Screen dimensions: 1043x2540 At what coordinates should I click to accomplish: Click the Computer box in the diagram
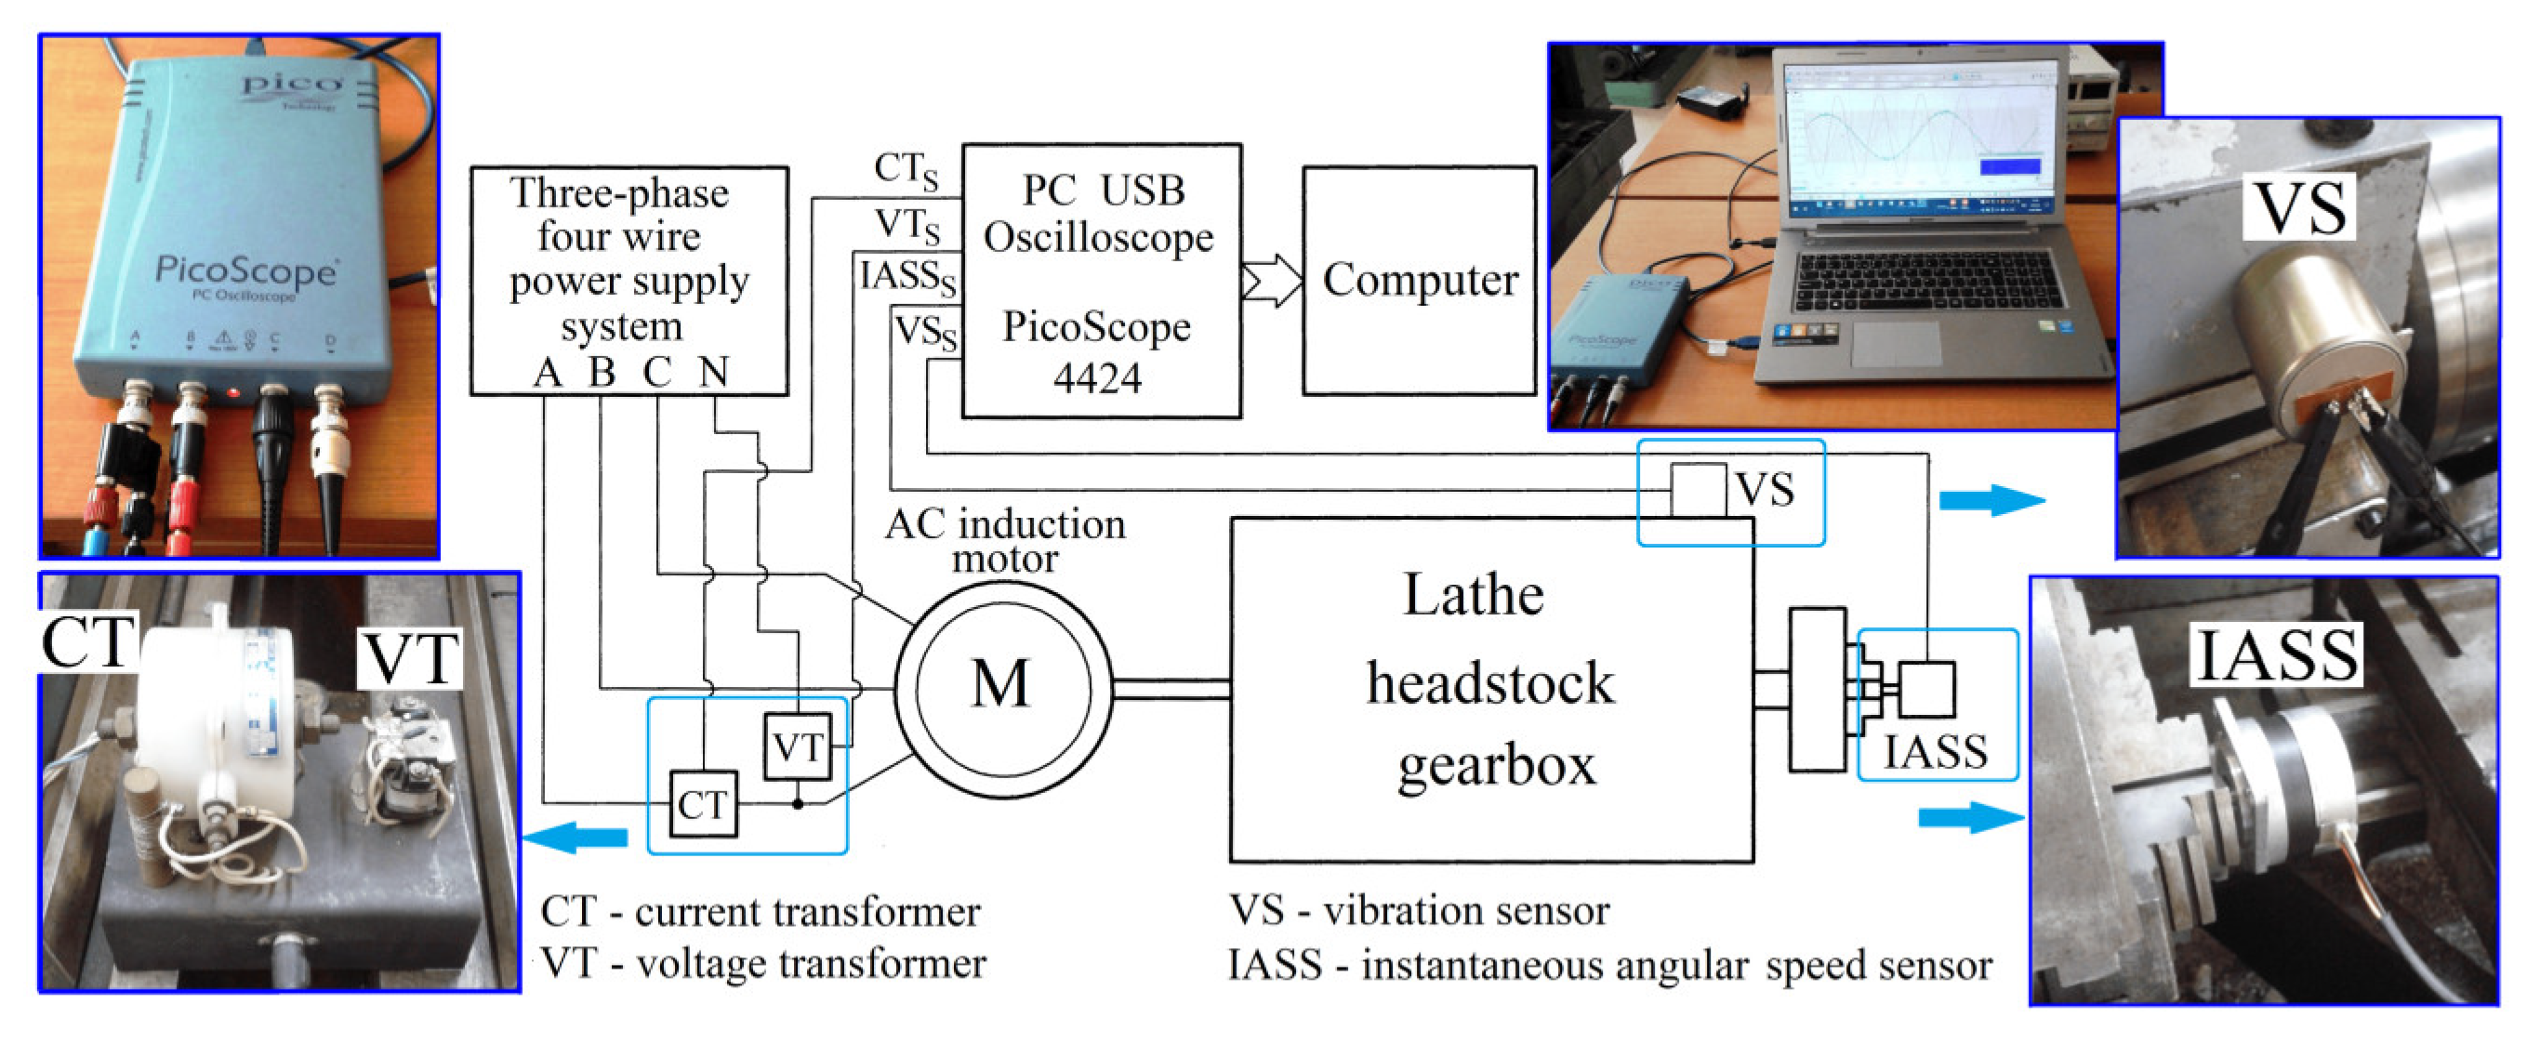tap(1419, 281)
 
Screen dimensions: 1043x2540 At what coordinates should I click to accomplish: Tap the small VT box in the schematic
tap(797, 747)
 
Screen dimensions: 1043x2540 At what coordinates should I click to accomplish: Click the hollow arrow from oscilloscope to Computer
tap(1272, 282)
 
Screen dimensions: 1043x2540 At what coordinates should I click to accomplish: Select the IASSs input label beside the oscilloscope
tap(907, 277)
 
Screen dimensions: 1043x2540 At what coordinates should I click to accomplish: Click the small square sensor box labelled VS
tap(1697, 490)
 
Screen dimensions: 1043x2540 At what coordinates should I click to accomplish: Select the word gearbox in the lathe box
tap(1496, 766)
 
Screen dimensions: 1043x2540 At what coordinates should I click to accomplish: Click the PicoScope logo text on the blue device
tap(245, 270)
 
